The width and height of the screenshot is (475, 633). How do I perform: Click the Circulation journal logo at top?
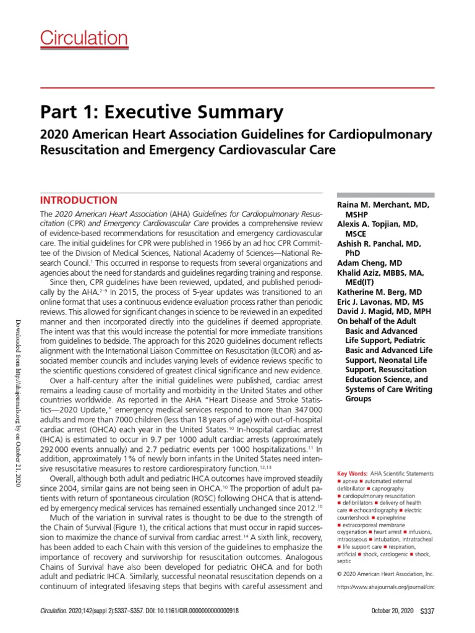click(84, 39)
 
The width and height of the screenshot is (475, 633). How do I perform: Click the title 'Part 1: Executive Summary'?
click(162, 112)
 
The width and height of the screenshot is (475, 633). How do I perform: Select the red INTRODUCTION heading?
click(79, 200)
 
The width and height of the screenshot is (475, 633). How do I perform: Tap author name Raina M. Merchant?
click(383, 204)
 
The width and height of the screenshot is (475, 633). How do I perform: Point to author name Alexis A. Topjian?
click(377, 224)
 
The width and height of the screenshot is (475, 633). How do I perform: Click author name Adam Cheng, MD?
click(369, 263)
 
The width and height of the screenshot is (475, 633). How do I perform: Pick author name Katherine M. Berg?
click(380, 292)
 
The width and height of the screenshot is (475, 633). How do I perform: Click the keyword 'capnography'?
click(409, 481)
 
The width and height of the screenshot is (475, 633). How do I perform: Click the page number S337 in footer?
click(427, 611)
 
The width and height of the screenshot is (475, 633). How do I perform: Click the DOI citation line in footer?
click(139, 611)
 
